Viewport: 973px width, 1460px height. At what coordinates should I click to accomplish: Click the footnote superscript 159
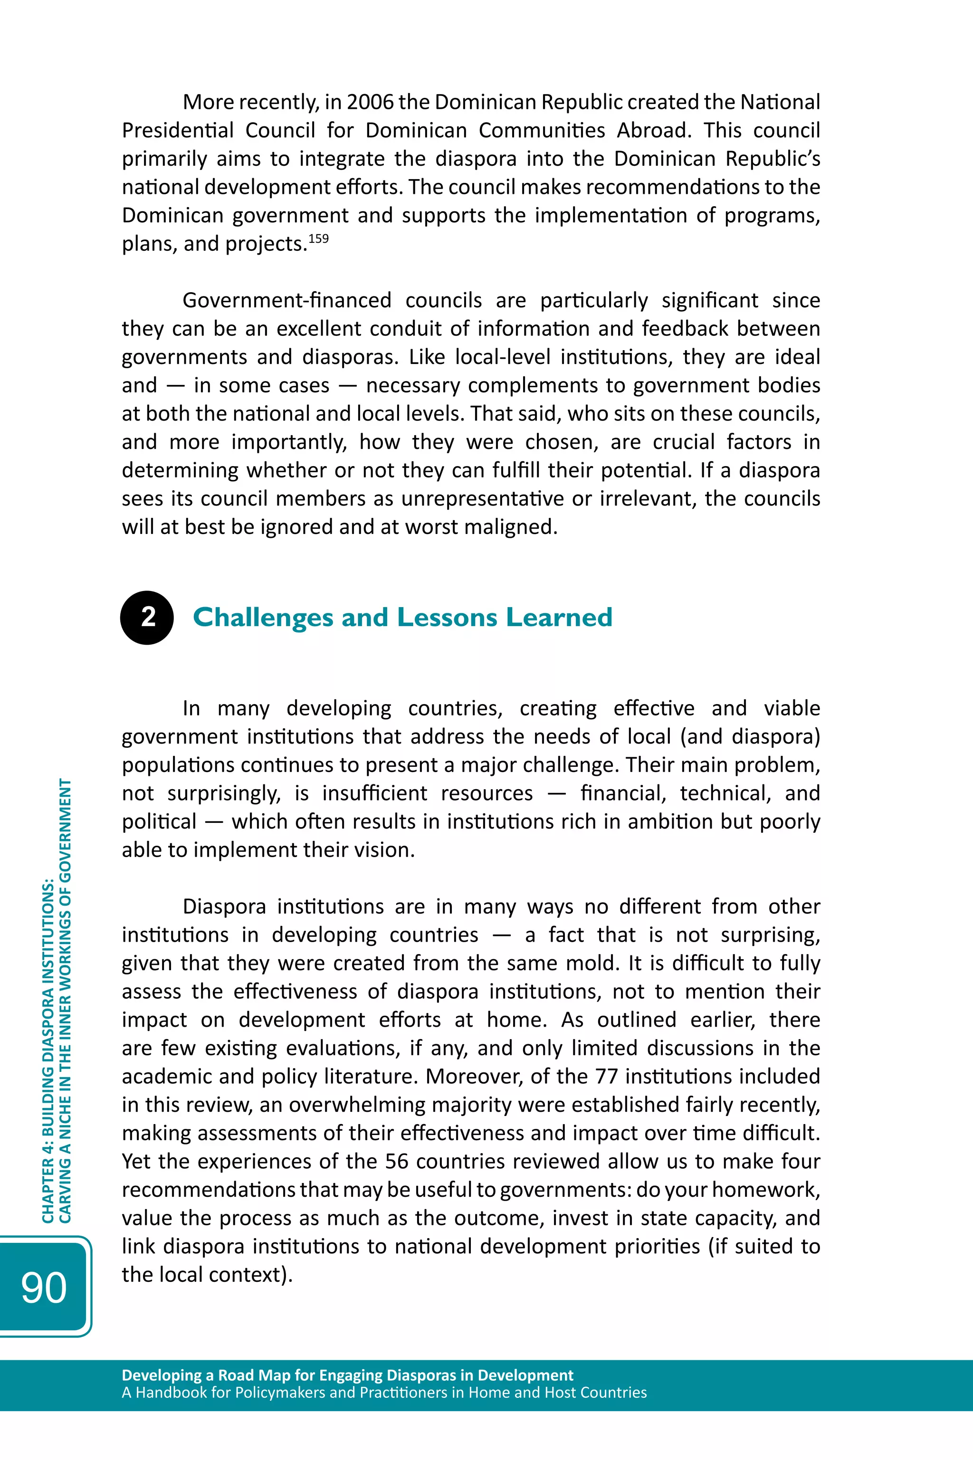coord(318,239)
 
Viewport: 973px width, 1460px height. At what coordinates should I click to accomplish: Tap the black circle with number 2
coord(147,617)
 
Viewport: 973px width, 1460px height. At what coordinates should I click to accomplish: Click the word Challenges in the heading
coord(262,617)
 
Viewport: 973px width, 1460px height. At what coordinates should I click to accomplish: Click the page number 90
coord(43,1288)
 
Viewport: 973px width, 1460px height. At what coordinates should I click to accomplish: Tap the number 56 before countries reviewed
coord(397,1162)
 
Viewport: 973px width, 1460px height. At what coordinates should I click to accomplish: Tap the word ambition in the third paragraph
coord(671,821)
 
